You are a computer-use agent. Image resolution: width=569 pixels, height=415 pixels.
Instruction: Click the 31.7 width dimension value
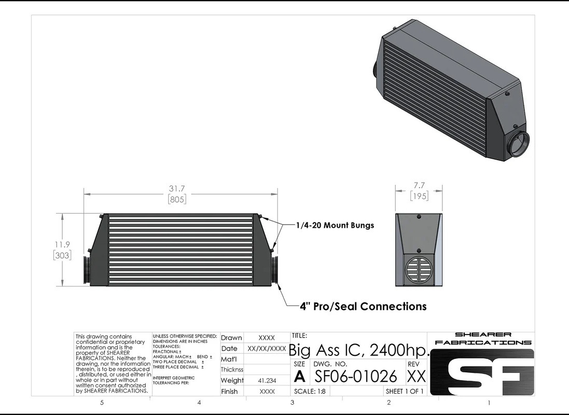pos(177,188)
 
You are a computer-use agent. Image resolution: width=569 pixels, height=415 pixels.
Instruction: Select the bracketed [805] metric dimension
pos(177,199)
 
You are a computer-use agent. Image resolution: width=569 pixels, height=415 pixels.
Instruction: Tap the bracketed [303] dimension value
pos(62,255)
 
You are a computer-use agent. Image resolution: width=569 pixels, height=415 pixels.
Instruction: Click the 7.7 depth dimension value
pos(418,185)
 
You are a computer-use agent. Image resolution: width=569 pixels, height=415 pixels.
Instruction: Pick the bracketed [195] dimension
pos(418,196)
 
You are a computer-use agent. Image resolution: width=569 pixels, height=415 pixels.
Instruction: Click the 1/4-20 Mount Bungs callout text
pos(335,226)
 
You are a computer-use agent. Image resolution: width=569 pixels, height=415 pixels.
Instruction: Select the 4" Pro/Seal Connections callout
pos(363,306)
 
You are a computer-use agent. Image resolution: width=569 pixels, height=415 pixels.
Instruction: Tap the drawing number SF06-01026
pos(356,376)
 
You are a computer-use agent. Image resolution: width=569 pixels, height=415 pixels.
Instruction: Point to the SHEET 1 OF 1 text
pos(405,391)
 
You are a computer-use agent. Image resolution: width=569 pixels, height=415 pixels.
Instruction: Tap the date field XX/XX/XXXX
pos(267,349)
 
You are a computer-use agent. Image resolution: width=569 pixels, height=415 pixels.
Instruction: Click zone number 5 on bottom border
pos(102,403)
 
